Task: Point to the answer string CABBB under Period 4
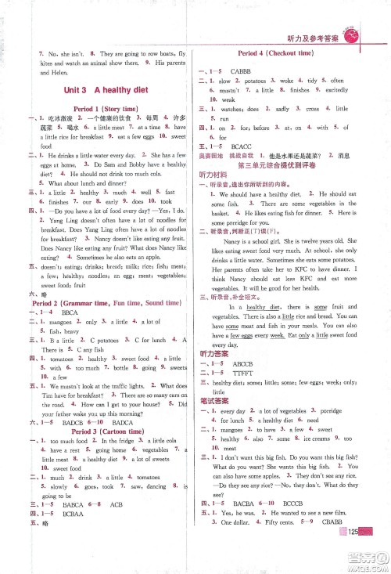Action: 254,67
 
